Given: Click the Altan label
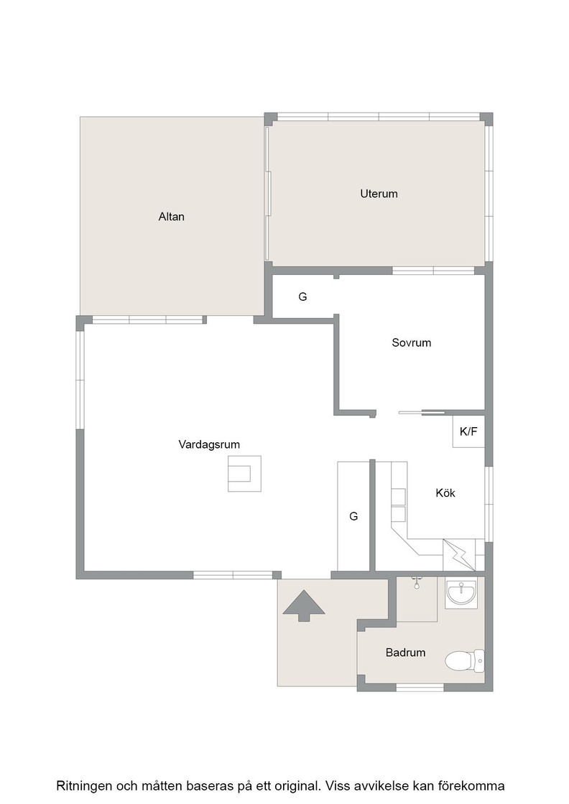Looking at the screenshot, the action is (x=172, y=216).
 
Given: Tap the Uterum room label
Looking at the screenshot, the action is (x=379, y=193).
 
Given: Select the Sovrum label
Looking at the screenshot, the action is (x=412, y=342).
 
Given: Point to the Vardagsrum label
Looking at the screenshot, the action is (x=209, y=444).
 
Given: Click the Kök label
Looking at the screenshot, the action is (x=445, y=492).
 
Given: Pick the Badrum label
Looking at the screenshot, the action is (x=405, y=653).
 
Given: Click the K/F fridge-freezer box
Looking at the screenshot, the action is (x=468, y=431).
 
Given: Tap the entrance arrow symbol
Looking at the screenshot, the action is (x=304, y=606).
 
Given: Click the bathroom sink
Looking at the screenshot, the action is (x=461, y=593).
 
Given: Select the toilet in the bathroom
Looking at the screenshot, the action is (x=464, y=661).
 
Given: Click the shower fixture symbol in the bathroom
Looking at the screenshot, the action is (x=417, y=581).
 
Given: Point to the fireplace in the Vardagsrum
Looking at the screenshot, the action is (x=244, y=474).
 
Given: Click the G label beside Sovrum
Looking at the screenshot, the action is (x=302, y=296).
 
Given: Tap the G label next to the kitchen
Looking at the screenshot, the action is (x=353, y=516).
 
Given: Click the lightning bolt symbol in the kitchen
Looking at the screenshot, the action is (x=459, y=555).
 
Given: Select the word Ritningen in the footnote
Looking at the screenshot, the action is (x=85, y=786).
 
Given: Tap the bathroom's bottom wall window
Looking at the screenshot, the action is (x=420, y=687).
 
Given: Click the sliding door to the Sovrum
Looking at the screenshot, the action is (x=422, y=412).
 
